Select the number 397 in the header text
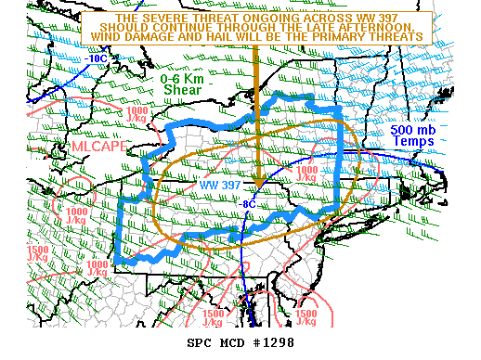pos(392,17)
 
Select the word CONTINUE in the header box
pos(199,26)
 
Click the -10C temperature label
pos(96,58)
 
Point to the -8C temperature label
pos(248,202)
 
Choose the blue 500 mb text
pos(411,131)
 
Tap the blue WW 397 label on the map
pos(219,185)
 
